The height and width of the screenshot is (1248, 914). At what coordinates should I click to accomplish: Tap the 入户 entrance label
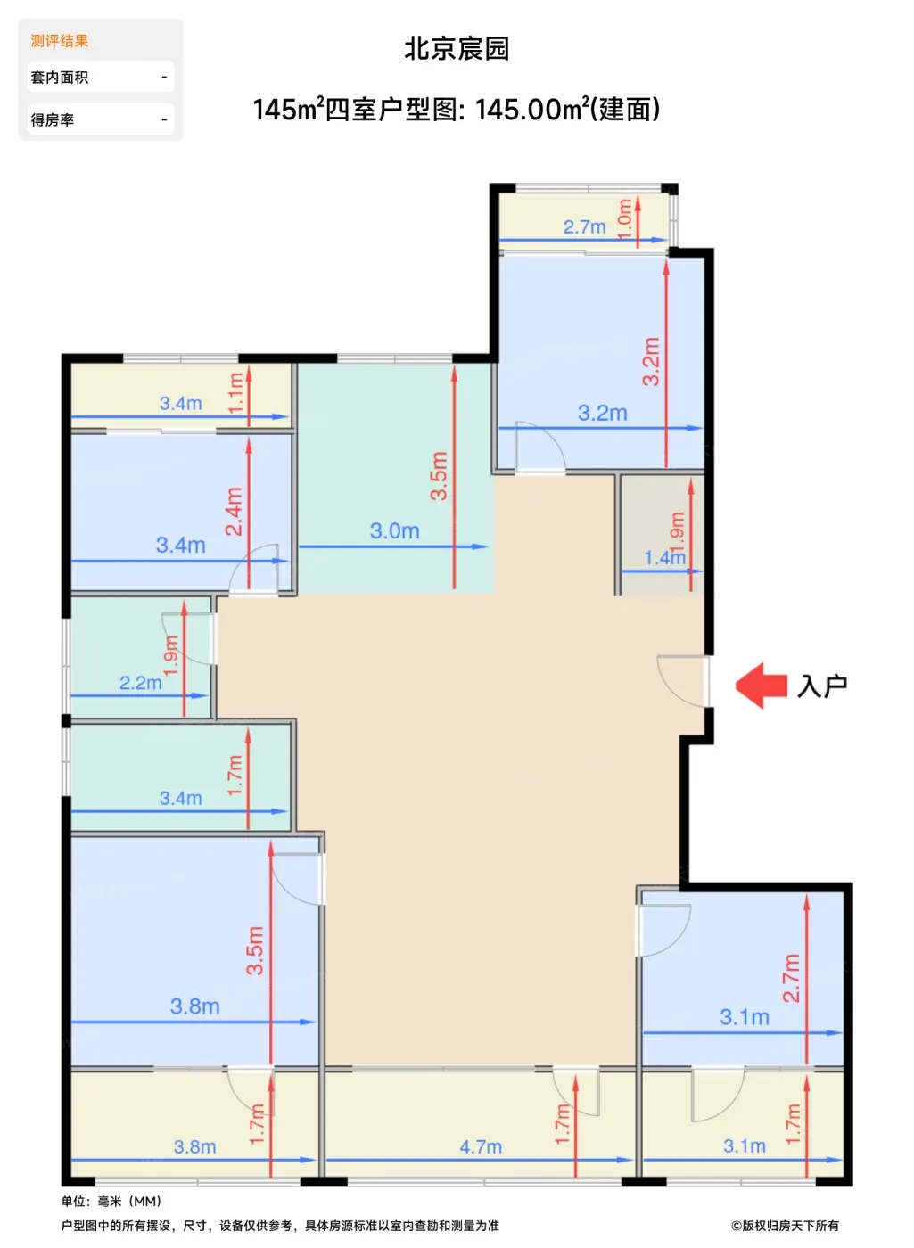pos(822,686)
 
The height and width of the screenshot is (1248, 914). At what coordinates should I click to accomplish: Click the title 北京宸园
pos(457,48)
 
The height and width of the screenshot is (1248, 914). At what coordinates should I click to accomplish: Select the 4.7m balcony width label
pos(481,1146)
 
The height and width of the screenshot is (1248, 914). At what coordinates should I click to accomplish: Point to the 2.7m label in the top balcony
pos(584,226)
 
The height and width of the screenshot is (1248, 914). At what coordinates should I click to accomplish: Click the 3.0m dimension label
pos(394,530)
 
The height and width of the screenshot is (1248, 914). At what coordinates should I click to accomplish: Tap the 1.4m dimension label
pos(664,557)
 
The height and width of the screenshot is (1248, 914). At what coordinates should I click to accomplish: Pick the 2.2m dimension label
pos(141,683)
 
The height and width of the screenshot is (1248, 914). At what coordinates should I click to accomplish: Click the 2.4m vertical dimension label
pos(234,511)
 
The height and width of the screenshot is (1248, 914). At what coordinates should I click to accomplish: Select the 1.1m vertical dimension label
pos(235,393)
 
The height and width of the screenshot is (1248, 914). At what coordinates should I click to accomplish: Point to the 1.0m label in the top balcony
pos(625,218)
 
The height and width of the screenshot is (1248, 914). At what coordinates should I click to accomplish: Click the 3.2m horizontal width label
pos(603,413)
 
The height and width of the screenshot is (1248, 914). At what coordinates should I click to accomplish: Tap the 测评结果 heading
pos(60,41)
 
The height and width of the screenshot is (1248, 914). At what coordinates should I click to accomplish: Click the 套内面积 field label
pos(60,77)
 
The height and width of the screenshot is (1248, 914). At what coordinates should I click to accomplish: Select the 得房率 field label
pos(53,119)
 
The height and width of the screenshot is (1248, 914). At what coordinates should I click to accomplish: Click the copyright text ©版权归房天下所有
pos(785,1225)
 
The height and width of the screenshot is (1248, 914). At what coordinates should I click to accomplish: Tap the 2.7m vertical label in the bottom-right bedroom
pos(792,978)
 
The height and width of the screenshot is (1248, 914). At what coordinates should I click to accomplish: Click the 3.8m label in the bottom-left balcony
pos(194,1146)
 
